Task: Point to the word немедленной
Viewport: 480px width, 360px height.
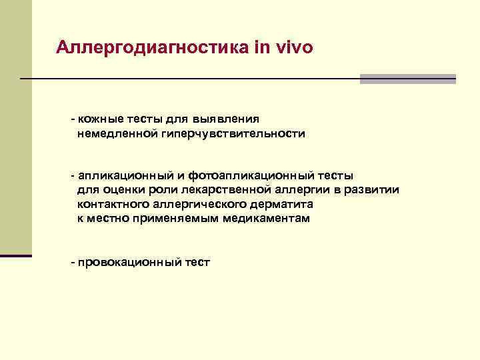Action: point(117,134)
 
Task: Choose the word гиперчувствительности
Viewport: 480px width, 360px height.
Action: point(232,134)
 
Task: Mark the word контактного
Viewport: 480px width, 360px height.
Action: point(112,204)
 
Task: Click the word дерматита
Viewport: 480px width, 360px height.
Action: point(281,204)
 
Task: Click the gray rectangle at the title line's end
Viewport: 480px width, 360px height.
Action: point(407,79)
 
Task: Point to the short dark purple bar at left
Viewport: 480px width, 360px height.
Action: point(16,255)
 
